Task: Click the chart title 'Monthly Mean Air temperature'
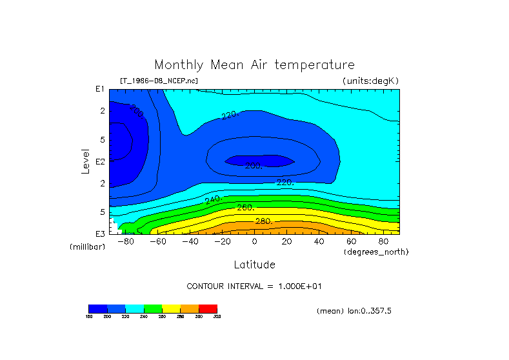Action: click(254, 65)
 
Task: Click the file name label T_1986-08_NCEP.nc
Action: click(159, 81)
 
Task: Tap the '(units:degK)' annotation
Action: click(370, 81)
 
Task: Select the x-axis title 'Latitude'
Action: click(254, 265)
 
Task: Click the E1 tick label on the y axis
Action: click(100, 89)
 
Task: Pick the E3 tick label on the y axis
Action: click(100, 234)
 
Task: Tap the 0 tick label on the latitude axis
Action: click(254, 242)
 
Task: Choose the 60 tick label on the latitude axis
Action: click(351, 242)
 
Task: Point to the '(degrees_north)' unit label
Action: click(376, 252)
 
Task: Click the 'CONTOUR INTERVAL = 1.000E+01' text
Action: click(254, 286)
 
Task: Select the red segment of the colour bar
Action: click(208, 308)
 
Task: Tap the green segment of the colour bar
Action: click(153, 308)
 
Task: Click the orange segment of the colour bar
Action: click(190, 308)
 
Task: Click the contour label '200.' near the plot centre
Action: click(254, 166)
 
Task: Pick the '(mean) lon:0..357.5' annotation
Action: click(354, 311)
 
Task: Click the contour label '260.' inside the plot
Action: click(246, 208)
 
